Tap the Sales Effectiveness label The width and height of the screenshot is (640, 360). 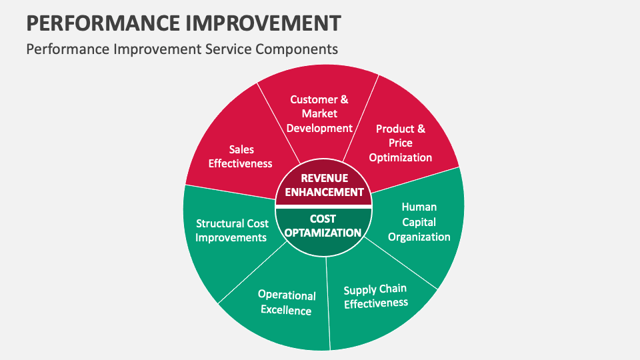pos(241,157)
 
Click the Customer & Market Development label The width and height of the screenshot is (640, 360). pos(319,113)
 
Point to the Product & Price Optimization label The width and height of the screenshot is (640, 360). pos(401,143)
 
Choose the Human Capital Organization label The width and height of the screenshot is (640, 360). pos(419,222)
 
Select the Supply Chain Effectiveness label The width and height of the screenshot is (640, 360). pos(375,296)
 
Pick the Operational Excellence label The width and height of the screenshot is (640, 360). pos(287,302)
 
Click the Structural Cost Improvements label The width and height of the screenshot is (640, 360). pos(231,231)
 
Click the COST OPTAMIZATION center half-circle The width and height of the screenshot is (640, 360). pos(323,227)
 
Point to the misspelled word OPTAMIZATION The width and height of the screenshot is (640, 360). pos(323,233)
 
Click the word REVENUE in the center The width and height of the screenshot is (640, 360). pos(324,178)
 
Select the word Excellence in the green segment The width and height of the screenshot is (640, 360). pos(286,310)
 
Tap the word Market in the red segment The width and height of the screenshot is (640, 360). pos(319,113)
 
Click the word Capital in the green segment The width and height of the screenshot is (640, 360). pos(419,222)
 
